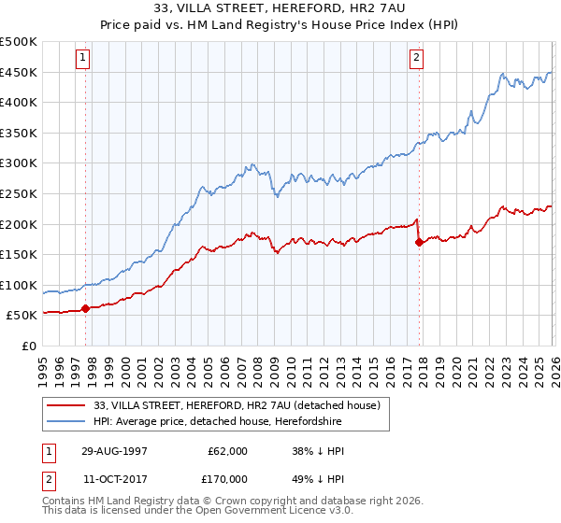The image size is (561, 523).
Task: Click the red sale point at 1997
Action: click(85, 307)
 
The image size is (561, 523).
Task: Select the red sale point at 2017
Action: click(418, 242)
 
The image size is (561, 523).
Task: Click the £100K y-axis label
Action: click(19, 285)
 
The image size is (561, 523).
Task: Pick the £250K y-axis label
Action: click(19, 193)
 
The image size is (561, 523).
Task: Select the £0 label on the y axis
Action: click(29, 346)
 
